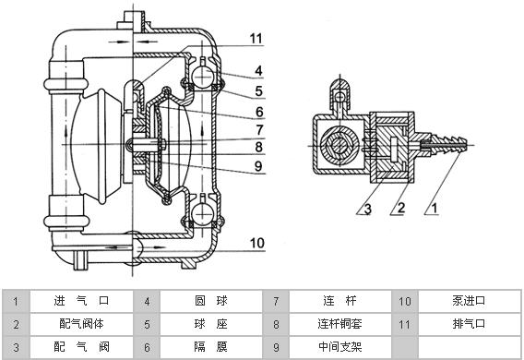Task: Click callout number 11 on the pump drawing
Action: [x=256, y=39]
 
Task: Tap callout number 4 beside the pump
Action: [x=258, y=71]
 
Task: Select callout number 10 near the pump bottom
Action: [x=257, y=243]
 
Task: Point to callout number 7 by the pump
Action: [x=259, y=130]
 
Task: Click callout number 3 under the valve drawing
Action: [x=367, y=209]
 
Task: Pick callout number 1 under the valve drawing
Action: [x=435, y=209]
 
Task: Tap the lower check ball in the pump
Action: [x=203, y=213]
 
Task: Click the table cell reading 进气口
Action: [x=81, y=301]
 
